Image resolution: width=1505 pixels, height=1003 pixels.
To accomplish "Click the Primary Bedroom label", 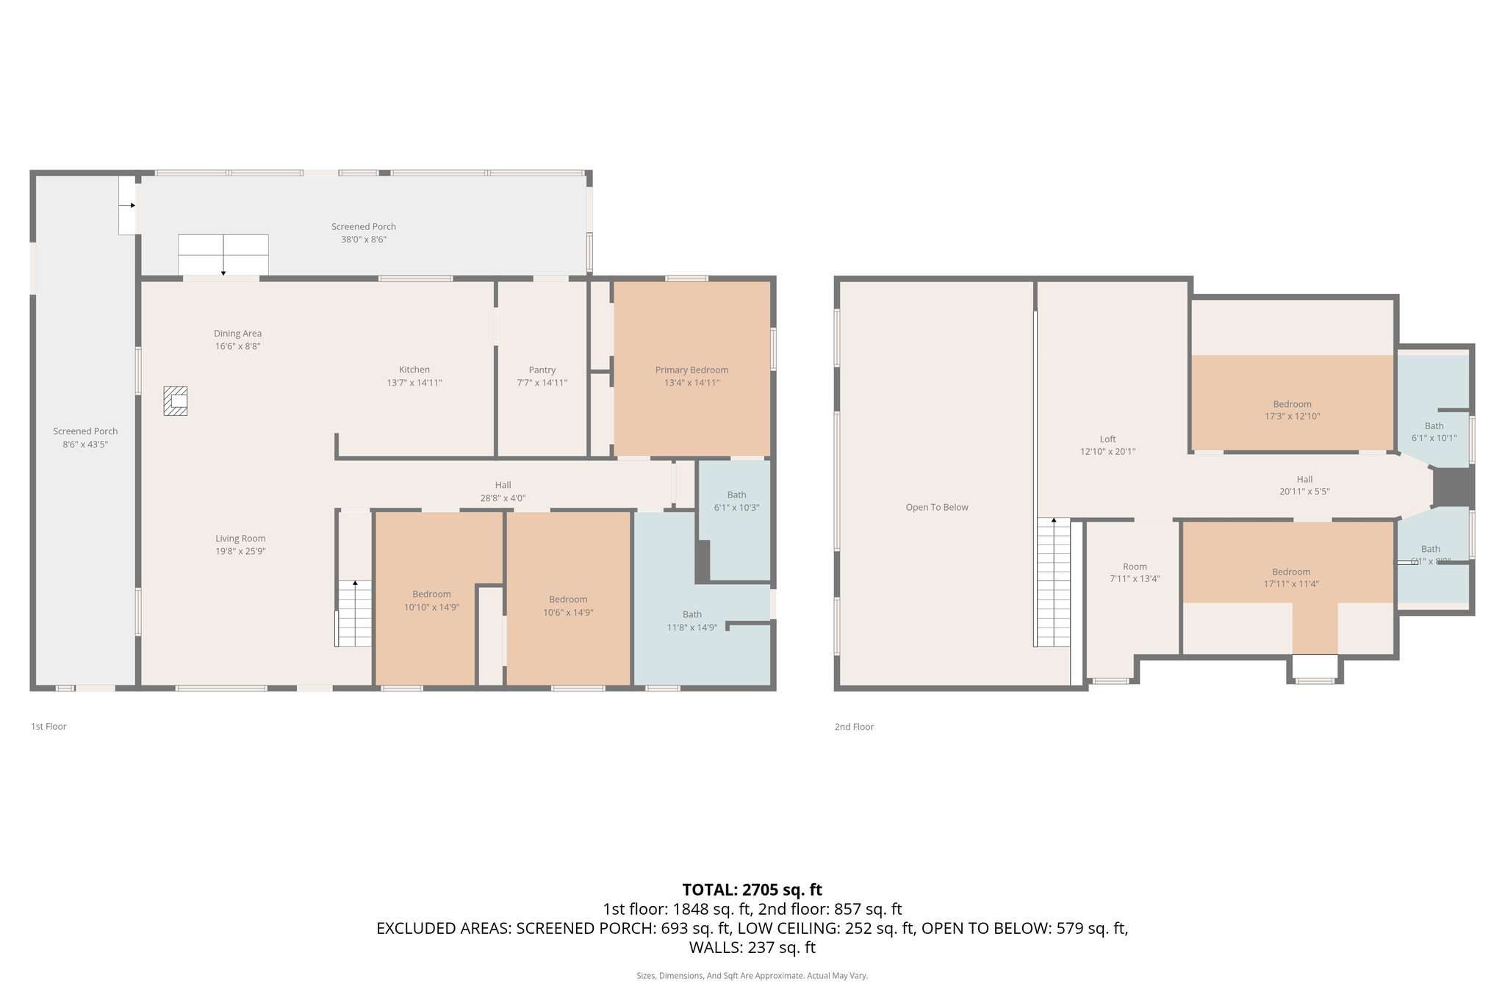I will point(692,370).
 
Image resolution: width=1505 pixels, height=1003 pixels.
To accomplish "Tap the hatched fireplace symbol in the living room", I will point(176,401).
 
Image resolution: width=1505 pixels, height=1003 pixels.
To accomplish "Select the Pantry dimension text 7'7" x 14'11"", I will point(542,383).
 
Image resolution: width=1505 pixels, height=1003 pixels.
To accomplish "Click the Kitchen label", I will point(414,370).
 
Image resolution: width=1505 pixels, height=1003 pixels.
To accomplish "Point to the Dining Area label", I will point(237,334).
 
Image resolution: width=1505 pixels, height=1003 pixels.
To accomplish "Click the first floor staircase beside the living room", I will point(355,613).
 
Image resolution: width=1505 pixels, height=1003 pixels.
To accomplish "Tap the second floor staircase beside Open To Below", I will point(1054,582).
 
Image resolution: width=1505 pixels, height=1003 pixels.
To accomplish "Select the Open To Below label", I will point(937,507).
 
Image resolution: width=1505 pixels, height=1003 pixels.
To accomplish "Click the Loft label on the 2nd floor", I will point(1107,439).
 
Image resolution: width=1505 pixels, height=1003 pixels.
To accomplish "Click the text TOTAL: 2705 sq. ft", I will point(752,890).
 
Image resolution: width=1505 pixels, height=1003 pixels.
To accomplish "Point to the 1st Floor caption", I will point(49,727).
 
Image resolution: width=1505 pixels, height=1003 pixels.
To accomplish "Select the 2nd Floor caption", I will point(854,727).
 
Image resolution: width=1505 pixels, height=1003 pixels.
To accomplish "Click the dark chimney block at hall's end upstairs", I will point(1452,486).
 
